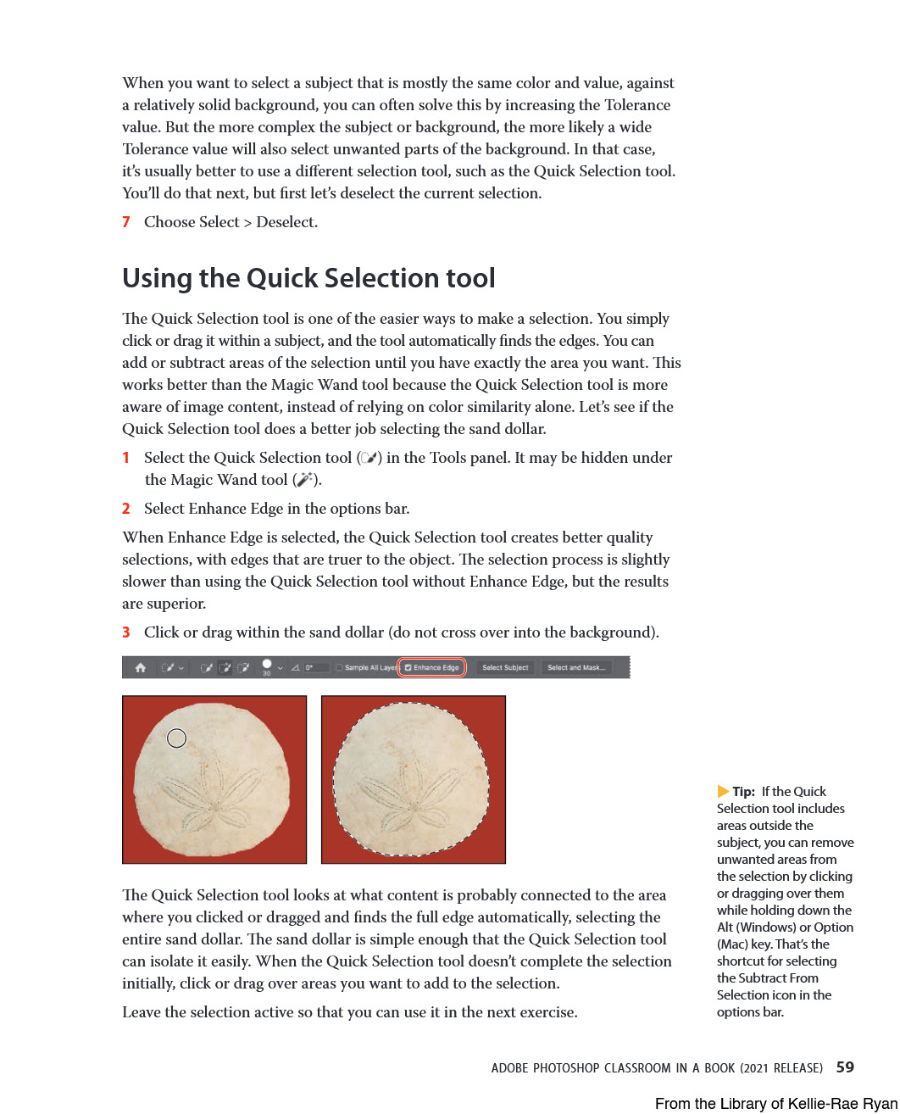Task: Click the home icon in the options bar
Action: [x=141, y=668]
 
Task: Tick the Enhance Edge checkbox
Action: [x=408, y=668]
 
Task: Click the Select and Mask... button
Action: [x=576, y=668]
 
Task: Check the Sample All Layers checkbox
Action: [x=339, y=668]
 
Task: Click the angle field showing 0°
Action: [x=314, y=668]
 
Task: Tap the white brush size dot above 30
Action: [x=267, y=664]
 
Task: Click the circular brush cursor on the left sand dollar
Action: [x=176, y=738]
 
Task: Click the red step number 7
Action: [x=126, y=222]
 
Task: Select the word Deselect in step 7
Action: [x=286, y=222]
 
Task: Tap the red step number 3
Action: [x=126, y=632]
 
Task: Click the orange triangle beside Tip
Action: [x=723, y=791]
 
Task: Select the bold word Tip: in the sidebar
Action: [x=744, y=792]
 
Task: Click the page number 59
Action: [x=845, y=1067]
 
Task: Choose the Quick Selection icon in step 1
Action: [x=369, y=458]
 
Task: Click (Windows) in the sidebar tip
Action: [x=767, y=927]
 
